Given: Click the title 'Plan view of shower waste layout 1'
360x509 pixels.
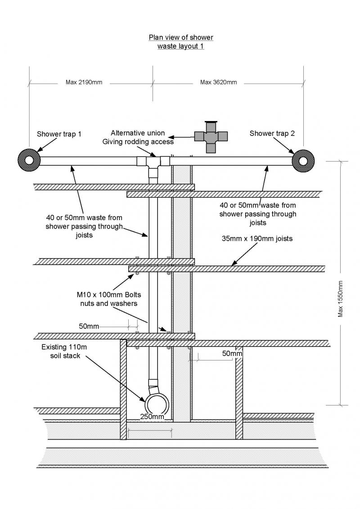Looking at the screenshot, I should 181,41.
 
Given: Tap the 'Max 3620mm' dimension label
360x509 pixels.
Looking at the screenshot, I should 218,82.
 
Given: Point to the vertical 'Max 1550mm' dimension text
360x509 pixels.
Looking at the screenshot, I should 340,299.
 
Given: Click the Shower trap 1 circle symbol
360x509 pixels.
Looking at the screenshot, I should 29,160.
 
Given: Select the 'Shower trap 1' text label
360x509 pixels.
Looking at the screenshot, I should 59,134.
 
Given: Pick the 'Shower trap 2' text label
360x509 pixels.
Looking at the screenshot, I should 272,133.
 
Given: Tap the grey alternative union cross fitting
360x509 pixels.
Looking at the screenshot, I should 211,136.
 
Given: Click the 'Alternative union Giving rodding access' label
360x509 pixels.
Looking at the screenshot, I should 138,138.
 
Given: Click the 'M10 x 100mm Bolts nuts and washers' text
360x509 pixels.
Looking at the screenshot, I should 108,299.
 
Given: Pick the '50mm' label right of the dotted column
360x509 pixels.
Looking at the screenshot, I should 232,354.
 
